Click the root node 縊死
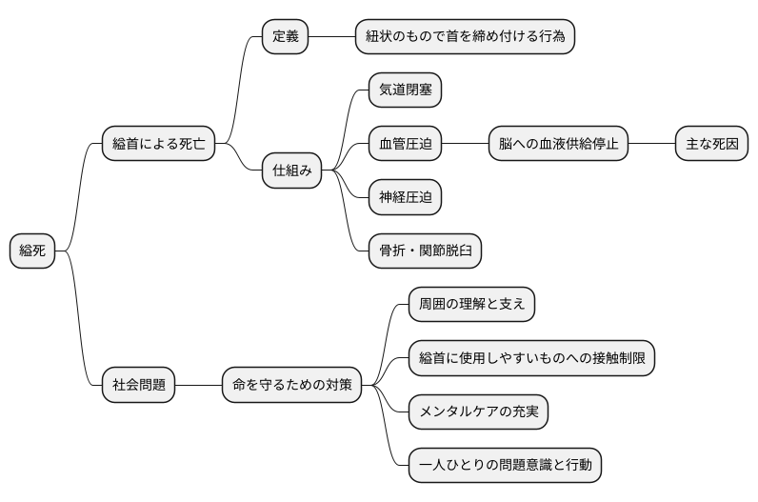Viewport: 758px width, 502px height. [x=32, y=251]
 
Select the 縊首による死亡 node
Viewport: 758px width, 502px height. [x=158, y=145]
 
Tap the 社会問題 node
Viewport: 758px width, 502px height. [x=139, y=386]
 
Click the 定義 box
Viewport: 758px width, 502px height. [x=286, y=37]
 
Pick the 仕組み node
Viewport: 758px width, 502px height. [x=292, y=171]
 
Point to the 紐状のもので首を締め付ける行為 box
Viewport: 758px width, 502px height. [x=465, y=37]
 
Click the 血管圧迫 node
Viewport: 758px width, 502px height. [x=405, y=145]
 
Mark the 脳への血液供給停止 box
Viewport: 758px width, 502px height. [x=559, y=145]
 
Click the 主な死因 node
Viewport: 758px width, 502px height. [x=711, y=145]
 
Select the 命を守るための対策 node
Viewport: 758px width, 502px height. [x=291, y=386]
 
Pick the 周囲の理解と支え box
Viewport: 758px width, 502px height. [x=471, y=305]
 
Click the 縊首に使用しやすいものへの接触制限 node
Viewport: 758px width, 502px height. [x=530, y=358]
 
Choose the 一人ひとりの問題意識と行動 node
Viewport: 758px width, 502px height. [x=505, y=466]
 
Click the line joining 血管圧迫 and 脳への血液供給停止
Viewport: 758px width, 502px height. [x=466, y=145]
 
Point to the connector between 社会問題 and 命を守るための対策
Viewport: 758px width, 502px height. [x=198, y=386]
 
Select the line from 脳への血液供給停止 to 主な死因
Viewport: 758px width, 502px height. [x=651, y=145]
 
